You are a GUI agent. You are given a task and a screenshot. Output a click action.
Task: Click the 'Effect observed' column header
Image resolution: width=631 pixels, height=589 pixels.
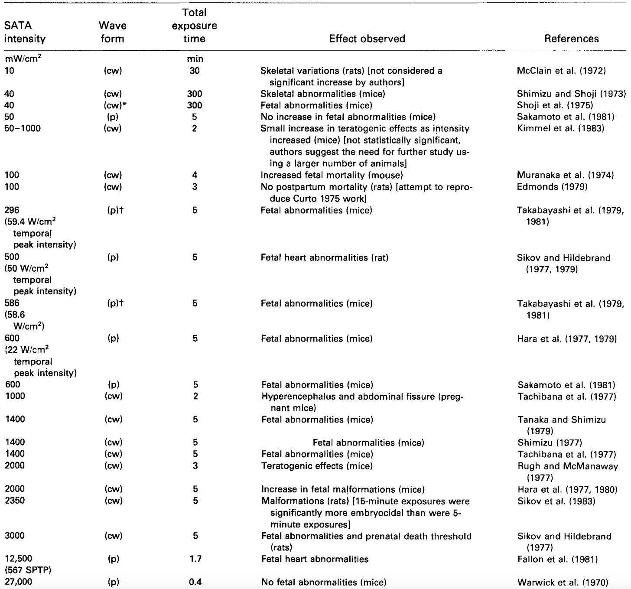pyautogui.click(x=367, y=39)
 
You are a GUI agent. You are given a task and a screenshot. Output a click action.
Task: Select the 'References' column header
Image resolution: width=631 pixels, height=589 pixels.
pyautogui.click(x=571, y=39)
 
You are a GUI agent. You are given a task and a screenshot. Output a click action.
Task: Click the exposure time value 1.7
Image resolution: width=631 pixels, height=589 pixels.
pyautogui.click(x=195, y=559)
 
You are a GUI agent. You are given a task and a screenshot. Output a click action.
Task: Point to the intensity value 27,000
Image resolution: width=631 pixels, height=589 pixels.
pyautogui.click(x=19, y=582)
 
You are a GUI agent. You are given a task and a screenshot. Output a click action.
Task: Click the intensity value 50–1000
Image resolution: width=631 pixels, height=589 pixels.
pyautogui.click(x=23, y=129)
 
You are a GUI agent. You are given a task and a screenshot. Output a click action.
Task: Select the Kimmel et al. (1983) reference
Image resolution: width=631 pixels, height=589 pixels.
pyautogui.click(x=560, y=129)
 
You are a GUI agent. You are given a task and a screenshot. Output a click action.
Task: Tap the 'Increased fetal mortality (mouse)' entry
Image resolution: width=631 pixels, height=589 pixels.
pyautogui.click(x=332, y=175)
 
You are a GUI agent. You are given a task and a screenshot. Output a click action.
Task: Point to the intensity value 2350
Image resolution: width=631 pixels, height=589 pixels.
pyautogui.click(x=15, y=501)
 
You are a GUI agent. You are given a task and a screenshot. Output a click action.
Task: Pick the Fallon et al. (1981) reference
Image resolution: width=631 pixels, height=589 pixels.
pyautogui.click(x=557, y=559)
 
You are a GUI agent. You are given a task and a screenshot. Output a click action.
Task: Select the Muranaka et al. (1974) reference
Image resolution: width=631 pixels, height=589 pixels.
pyautogui.click(x=565, y=175)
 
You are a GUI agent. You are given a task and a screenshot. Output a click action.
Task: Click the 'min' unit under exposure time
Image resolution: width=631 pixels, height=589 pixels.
pyautogui.click(x=195, y=59)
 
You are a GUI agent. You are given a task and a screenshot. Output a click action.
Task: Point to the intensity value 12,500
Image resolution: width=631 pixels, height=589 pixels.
pyautogui.click(x=19, y=559)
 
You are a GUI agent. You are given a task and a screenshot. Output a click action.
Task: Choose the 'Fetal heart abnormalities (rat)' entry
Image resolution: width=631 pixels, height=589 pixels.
pyautogui.click(x=324, y=257)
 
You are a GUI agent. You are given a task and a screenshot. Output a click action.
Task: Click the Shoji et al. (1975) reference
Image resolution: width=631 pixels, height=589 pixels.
pyautogui.click(x=555, y=105)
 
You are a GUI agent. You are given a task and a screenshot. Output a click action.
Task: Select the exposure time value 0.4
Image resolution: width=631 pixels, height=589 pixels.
pyautogui.click(x=195, y=582)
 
